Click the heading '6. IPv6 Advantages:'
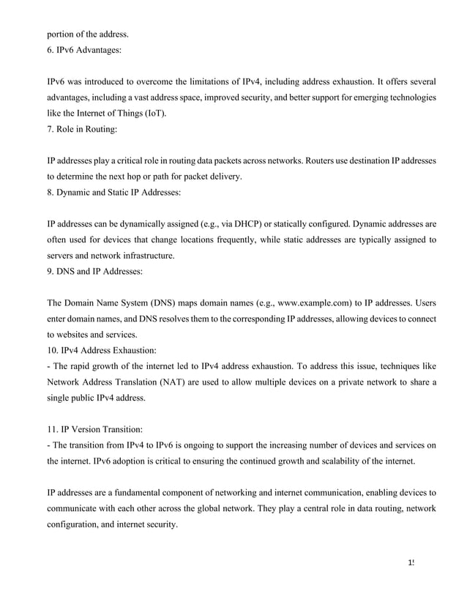tap(85, 53)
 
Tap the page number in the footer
tap(412, 563)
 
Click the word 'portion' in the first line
tap(62, 34)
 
